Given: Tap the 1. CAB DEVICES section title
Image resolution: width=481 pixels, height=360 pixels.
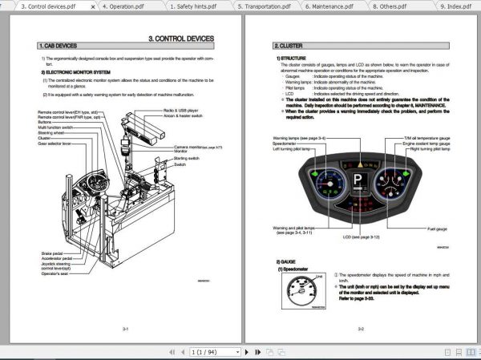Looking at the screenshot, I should tap(60, 47).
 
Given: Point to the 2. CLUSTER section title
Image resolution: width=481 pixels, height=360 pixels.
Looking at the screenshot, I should tap(288, 47).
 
